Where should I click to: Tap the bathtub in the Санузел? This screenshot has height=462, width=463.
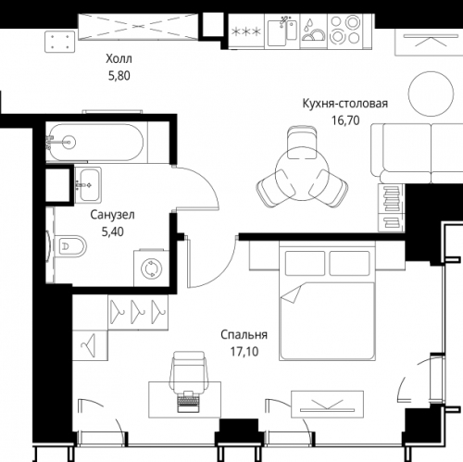[94, 143]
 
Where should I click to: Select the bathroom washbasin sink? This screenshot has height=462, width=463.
[89, 184]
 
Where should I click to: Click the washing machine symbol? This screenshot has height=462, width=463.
[151, 268]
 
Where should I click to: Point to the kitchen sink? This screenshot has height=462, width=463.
[282, 31]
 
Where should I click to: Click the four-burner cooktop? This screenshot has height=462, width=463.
[344, 30]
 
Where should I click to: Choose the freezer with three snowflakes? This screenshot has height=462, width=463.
[246, 31]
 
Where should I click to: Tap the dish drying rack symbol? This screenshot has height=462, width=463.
[313, 31]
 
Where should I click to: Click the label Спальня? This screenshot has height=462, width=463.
[244, 335]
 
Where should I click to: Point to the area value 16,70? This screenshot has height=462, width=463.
[345, 120]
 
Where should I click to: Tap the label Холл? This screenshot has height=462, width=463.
[119, 58]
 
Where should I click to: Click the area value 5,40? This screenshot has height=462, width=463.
[113, 231]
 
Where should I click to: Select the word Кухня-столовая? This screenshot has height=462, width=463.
[344, 104]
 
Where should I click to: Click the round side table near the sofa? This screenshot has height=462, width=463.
[431, 94]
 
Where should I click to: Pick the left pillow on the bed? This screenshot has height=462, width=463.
[305, 263]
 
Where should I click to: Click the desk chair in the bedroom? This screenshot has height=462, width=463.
[189, 372]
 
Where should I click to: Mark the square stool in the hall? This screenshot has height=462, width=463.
[60, 42]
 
